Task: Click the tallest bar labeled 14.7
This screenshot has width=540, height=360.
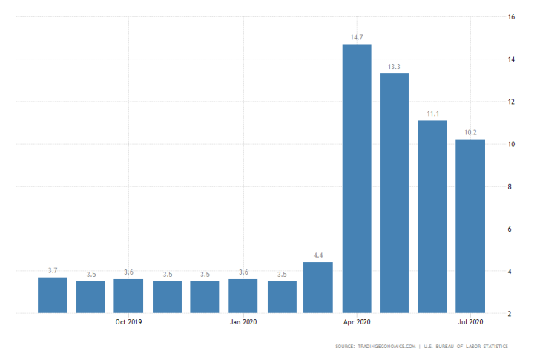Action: point(357,178)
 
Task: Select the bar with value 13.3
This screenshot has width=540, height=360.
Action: point(394,193)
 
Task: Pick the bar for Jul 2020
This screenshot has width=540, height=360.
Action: point(470,226)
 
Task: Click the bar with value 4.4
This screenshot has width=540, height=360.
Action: point(318,287)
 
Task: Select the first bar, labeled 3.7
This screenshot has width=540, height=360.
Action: point(53,295)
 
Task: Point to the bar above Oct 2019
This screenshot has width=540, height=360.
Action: point(128,295)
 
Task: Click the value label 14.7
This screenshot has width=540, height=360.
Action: point(357,36)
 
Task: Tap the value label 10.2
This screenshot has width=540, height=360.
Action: point(470,132)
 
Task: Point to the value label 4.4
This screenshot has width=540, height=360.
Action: point(318,255)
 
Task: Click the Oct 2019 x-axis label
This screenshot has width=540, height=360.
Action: point(128,322)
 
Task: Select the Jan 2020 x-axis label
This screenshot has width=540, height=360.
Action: point(243,322)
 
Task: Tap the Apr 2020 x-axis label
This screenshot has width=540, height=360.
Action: point(357,322)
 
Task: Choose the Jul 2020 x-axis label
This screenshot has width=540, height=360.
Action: point(470,322)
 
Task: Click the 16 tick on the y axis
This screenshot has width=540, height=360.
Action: point(511,16)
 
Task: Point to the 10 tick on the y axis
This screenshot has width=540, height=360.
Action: point(511,144)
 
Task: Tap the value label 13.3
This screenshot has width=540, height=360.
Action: point(394,67)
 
